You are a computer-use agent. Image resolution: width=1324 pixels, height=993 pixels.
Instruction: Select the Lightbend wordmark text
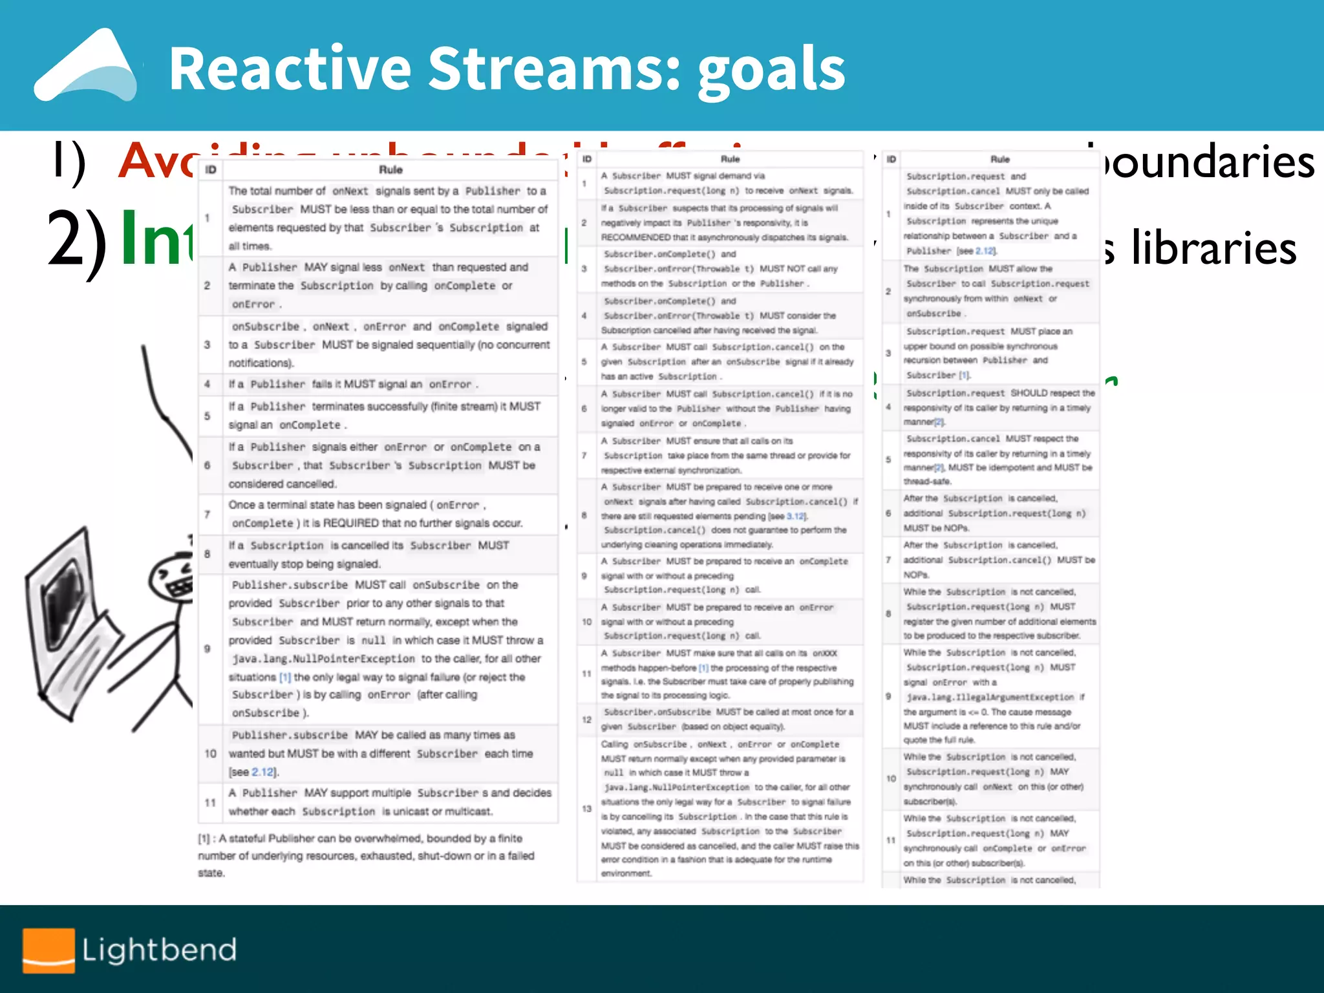point(159,950)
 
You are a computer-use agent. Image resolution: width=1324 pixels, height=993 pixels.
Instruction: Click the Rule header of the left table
point(390,170)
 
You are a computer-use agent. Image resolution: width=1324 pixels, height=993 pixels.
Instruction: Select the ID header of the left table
point(211,170)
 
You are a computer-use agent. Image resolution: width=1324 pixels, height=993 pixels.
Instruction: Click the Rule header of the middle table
point(730,159)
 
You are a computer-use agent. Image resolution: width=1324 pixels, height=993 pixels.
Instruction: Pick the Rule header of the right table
point(999,159)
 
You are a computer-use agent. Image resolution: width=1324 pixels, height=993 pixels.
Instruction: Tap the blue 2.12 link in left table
point(262,772)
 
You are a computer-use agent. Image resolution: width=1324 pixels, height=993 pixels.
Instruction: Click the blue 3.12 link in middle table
point(796,516)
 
